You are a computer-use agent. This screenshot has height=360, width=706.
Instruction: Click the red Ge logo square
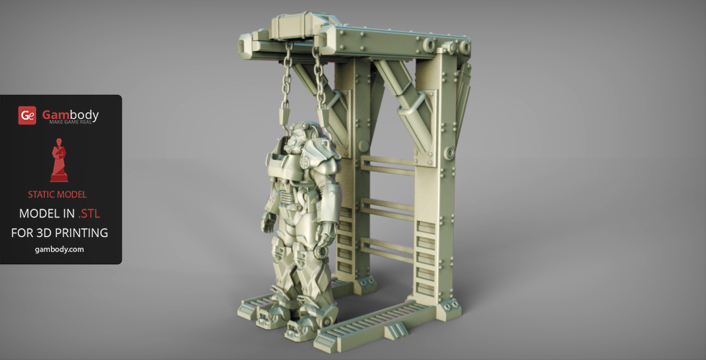tap(27, 115)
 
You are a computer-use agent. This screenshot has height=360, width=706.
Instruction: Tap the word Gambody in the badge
tap(71, 114)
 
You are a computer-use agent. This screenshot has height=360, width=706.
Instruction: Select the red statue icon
tap(59, 160)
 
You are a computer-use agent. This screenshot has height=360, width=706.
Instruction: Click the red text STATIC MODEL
tap(57, 194)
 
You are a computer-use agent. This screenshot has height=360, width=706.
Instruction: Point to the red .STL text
tap(89, 214)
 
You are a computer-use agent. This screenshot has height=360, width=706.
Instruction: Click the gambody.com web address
tap(59, 249)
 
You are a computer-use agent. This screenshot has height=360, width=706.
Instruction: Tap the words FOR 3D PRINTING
tap(59, 233)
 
